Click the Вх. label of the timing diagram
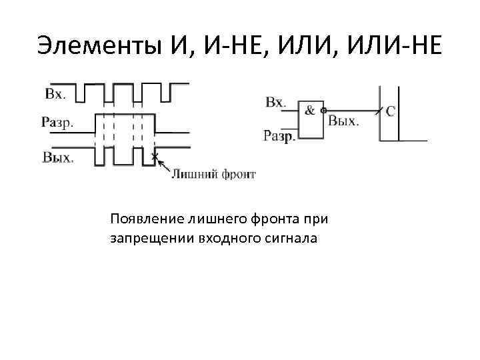pyautogui.click(x=55, y=93)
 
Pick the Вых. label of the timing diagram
pyautogui.click(x=58, y=158)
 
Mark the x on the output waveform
pyautogui.click(x=154, y=157)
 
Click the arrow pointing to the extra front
pyautogui.click(x=163, y=165)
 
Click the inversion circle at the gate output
pyautogui.click(x=323, y=111)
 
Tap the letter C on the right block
pyautogui.click(x=390, y=111)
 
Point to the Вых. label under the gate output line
pyautogui.click(x=343, y=121)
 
